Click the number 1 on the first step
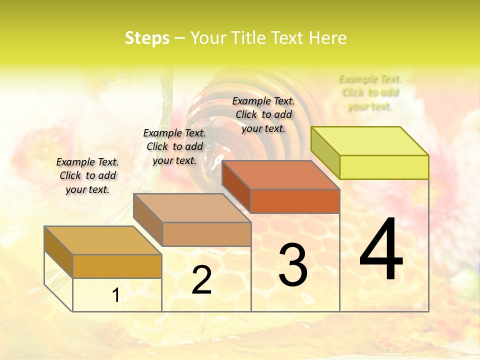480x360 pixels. [116, 295]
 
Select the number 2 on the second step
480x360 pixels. [201, 280]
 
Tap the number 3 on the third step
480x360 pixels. [293, 265]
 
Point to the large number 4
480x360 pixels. [381, 250]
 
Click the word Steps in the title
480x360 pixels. [147, 38]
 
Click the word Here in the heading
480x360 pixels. [327, 38]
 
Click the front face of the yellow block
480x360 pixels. [384, 167]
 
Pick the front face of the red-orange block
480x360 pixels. [295, 201]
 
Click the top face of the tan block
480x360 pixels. [192, 208]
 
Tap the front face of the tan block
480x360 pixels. [206, 234]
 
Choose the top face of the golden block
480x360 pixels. [103, 240]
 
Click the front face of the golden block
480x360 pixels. [117, 266]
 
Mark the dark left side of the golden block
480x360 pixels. [58, 251]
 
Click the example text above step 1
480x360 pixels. [87, 175]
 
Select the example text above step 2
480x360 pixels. [174, 146]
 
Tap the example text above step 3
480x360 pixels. [263, 114]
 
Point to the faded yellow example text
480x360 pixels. [370, 92]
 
